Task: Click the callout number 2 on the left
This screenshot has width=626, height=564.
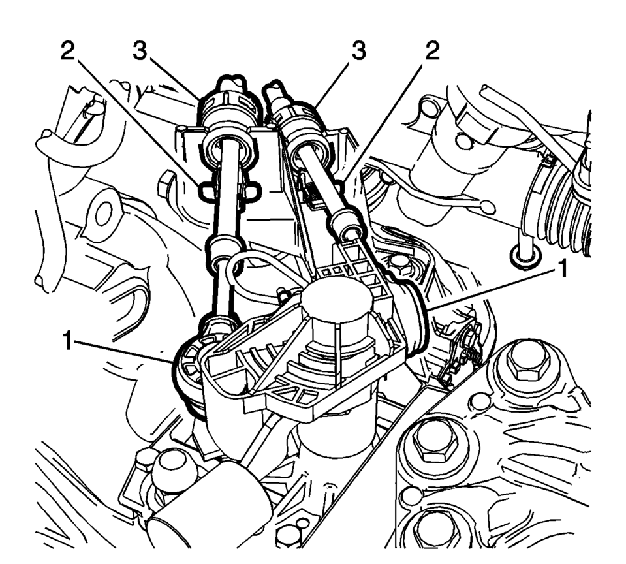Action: click(x=69, y=51)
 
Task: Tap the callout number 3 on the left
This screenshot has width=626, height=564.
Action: click(x=140, y=51)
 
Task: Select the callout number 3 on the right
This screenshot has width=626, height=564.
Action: click(x=358, y=51)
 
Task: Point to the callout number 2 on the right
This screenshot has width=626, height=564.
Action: click(x=431, y=51)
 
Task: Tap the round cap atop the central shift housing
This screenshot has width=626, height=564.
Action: click(x=337, y=298)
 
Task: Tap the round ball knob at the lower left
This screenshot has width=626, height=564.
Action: click(x=172, y=466)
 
